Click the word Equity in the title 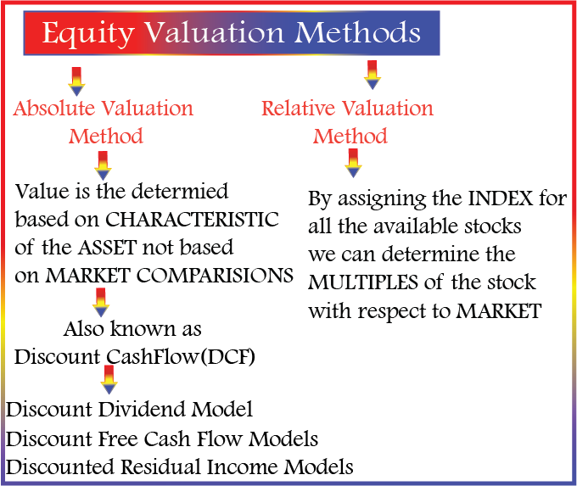tap(88, 34)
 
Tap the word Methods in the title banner tap(357, 32)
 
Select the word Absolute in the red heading tap(54, 109)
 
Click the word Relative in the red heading tap(299, 109)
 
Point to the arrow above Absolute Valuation tap(76, 81)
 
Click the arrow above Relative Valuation tap(372, 75)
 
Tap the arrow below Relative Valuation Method tap(353, 164)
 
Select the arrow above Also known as tap(100, 303)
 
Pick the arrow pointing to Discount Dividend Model tap(109, 380)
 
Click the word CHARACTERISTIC tap(192, 220)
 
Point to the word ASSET tap(108, 247)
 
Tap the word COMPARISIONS tap(215, 275)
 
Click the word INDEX tap(501, 198)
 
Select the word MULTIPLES tap(363, 282)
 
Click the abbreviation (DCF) tap(227, 357)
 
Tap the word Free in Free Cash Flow tap(118, 439)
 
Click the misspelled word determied tap(180, 192)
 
